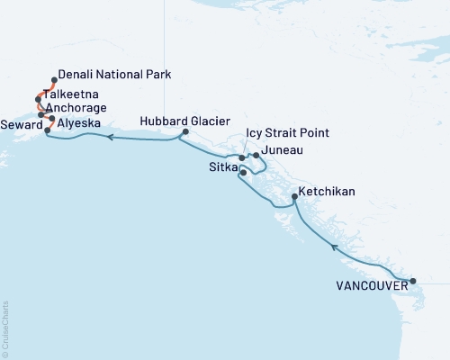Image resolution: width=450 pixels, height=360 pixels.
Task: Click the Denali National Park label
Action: click(x=113, y=76)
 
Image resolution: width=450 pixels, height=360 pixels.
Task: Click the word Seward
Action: click(x=19, y=123)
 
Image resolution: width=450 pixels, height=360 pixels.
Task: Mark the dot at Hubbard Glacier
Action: click(x=184, y=133)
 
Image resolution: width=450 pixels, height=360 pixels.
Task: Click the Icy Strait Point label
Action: click(x=287, y=133)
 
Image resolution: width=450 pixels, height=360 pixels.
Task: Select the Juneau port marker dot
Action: click(x=256, y=155)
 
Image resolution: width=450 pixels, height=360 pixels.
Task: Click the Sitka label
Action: click(x=221, y=168)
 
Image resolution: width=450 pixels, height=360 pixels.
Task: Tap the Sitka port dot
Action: click(x=243, y=171)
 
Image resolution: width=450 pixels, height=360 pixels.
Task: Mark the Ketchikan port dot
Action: click(x=295, y=197)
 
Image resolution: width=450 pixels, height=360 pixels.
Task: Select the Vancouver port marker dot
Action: click(x=413, y=282)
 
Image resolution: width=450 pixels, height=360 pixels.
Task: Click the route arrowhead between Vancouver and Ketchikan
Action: click(x=334, y=246)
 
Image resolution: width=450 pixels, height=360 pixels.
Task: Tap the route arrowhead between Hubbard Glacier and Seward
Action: click(x=109, y=138)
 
